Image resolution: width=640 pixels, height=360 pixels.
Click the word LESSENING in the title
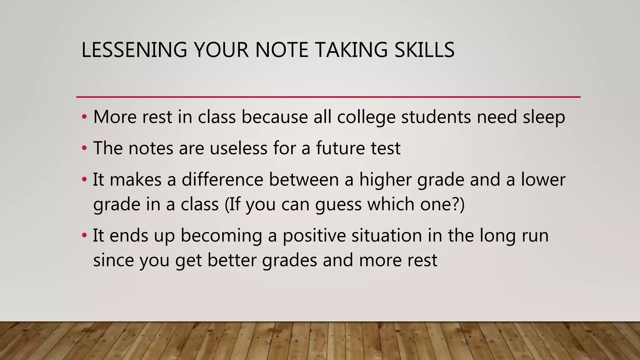point(134,50)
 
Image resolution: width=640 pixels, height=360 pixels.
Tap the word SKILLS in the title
point(424,50)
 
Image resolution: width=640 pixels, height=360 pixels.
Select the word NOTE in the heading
point(282,50)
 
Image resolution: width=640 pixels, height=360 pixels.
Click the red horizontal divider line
point(328,97)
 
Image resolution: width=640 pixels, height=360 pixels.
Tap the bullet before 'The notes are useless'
point(84,148)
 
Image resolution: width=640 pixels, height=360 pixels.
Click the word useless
point(238,148)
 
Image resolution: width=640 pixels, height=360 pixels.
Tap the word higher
point(385,180)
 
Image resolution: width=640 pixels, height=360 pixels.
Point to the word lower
point(543,180)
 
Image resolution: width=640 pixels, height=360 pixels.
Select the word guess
point(338,205)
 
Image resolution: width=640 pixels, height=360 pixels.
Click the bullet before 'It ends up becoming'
point(84,235)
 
